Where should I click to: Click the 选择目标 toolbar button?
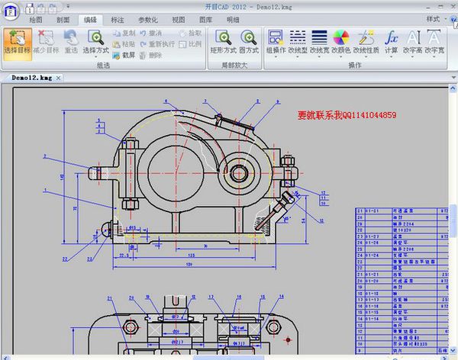tap(17, 41)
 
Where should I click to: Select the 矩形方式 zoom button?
tap(224, 41)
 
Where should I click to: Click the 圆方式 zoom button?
tap(249, 41)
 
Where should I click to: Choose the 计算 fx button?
tap(391, 41)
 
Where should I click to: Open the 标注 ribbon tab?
tap(118, 19)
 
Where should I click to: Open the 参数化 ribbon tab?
tap(148, 19)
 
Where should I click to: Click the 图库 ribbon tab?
tap(206, 19)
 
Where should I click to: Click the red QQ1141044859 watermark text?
tap(347, 115)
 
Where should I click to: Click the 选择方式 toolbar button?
tap(95, 41)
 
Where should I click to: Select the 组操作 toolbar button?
tap(276, 41)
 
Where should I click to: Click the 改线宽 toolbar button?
tap(319, 41)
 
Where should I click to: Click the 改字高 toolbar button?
tap(413, 41)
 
